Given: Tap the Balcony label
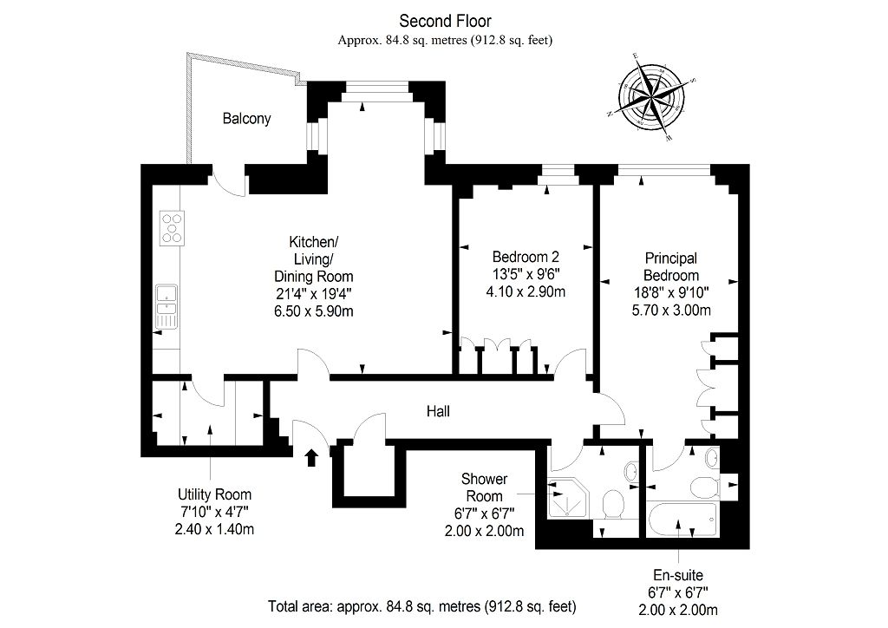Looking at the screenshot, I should [x=245, y=119].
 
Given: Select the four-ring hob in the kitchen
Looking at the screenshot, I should [x=172, y=226].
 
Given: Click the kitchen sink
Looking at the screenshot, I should [x=166, y=306].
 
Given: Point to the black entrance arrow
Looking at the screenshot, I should [x=312, y=457].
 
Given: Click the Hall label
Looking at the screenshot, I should [x=438, y=412].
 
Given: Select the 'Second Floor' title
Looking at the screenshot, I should [x=444, y=21].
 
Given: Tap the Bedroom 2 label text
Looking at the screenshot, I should [x=526, y=257].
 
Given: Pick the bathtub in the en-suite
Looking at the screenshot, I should [x=682, y=520].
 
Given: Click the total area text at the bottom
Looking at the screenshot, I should [x=421, y=605].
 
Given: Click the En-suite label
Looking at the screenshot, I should [x=677, y=575].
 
